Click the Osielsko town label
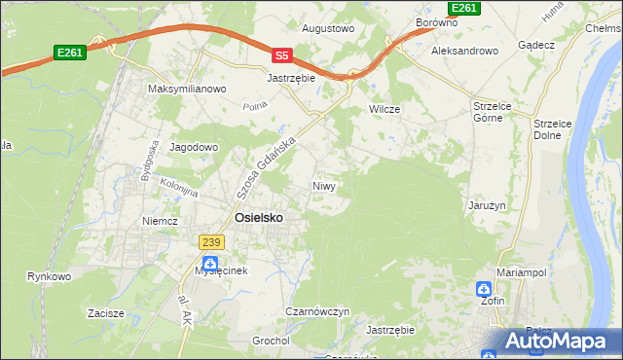coord(259,218)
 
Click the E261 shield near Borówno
coord(466,8)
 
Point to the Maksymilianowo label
coord(187,89)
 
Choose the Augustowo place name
coord(328,29)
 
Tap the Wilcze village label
coord(385,109)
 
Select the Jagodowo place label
coord(195,147)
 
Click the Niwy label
coord(324,185)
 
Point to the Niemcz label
coord(160,221)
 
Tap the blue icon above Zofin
coord(485,289)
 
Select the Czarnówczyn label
coord(317,311)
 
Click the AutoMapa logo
coord(555,342)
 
